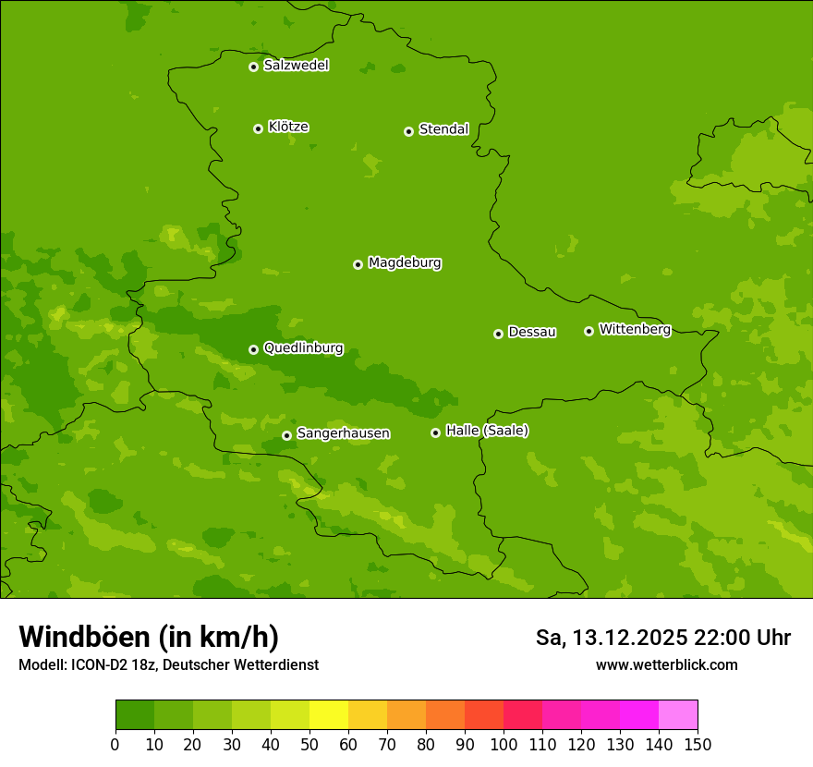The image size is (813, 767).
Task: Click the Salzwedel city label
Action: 296,66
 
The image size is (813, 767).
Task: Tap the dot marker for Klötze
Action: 258,128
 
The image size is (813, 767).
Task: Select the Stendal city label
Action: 443,129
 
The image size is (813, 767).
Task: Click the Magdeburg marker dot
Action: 358,264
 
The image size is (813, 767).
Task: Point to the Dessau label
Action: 532,332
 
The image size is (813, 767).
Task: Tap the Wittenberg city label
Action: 635,329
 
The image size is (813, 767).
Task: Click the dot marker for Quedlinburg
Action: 253,349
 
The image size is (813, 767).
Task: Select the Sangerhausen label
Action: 343,433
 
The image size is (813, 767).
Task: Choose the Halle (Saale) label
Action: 487,431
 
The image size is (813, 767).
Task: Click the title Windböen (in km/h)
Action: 149,637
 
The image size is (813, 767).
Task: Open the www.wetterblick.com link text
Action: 666,664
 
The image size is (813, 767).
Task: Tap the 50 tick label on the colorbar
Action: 309,744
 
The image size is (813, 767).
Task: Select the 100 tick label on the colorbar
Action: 504,744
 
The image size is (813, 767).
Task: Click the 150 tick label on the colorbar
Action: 698,744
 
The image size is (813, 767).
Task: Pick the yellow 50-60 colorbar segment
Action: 329,715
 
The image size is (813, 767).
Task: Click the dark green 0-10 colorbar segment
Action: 135,715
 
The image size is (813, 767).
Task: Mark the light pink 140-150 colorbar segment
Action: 678,715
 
